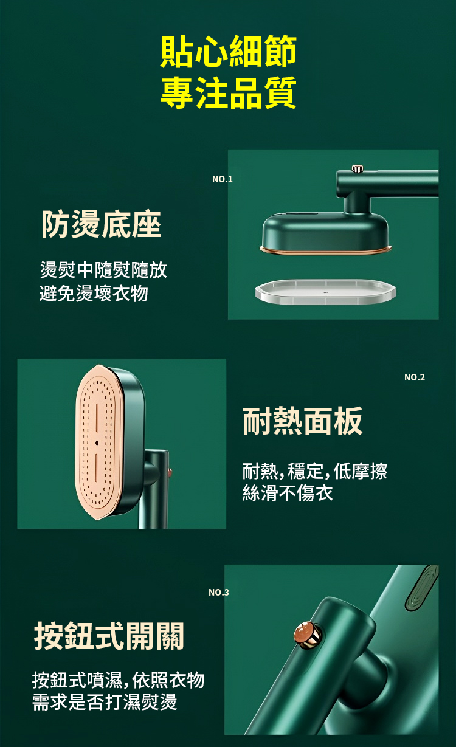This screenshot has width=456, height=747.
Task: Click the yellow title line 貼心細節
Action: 228,51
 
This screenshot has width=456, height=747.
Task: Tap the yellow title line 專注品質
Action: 228,92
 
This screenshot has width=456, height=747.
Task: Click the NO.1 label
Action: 222,179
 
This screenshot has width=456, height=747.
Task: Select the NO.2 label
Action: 415,377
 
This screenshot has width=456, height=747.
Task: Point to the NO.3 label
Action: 219,592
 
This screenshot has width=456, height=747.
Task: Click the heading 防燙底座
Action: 101,224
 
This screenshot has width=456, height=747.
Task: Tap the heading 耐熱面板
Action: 303,421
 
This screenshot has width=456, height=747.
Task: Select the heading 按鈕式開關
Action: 109,636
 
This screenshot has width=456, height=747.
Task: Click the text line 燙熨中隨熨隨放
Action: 103,270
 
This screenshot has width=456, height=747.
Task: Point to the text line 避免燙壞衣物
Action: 94,294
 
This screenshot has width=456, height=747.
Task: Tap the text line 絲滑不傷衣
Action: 288,493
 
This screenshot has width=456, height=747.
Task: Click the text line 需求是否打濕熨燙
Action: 105,701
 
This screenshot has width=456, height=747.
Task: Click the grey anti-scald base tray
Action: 325,292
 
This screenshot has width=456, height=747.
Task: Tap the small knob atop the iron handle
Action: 358,168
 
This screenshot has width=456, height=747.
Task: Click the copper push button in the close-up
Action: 308,635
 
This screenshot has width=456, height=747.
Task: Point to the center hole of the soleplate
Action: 97,443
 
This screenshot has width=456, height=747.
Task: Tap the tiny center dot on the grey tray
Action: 325,292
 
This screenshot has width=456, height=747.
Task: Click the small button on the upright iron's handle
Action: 170,472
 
